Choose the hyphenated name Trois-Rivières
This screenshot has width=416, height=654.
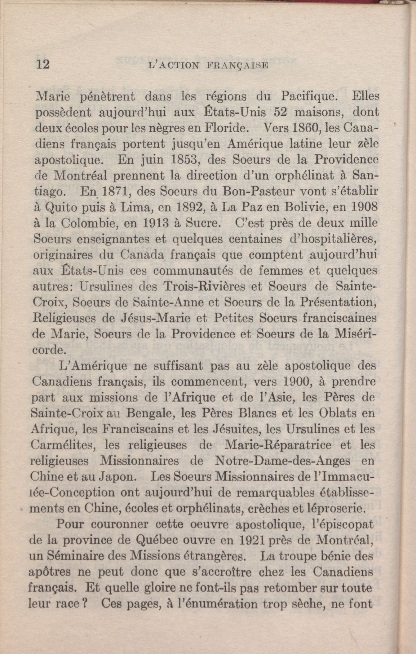pyautogui.click(x=204, y=286)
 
